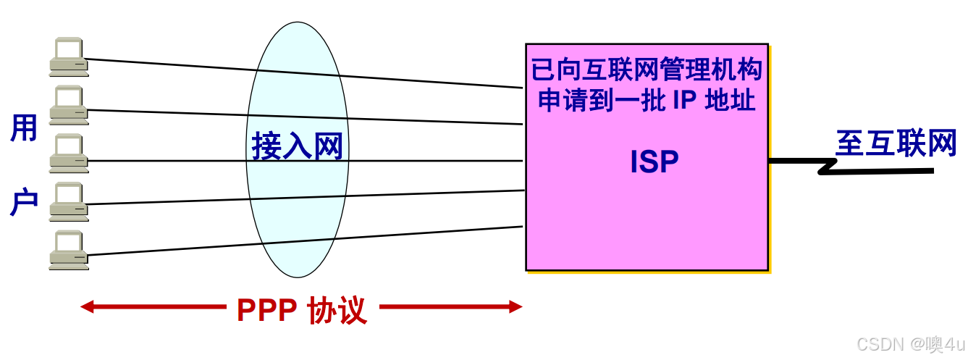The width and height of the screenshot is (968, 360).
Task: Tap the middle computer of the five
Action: coord(68,153)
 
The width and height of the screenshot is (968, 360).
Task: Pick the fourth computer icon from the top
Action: coord(68,201)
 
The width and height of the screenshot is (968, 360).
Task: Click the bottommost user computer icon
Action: coord(68,250)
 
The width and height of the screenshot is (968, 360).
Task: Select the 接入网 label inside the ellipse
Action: coord(297,147)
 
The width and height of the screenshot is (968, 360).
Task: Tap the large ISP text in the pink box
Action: coord(654,162)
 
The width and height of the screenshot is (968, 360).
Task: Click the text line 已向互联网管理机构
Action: coord(647,70)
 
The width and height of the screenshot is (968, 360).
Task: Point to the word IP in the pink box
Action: coord(683,101)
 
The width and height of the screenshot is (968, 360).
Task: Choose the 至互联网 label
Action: coord(896,143)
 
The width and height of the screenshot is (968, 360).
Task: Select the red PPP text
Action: coord(266,311)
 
